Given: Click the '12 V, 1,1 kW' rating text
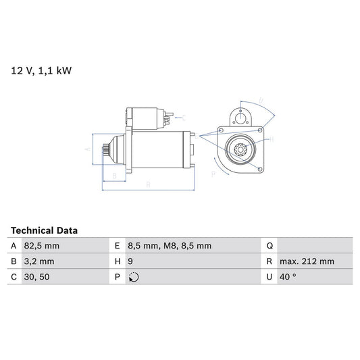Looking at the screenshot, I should (x=40, y=69).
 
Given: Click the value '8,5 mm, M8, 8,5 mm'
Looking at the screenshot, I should (x=170, y=246).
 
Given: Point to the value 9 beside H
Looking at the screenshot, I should (x=131, y=261).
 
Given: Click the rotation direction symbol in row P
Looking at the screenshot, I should (x=134, y=277).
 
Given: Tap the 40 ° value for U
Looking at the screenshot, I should (x=289, y=277).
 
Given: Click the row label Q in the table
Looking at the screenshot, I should (x=269, y=246).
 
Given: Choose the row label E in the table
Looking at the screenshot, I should (x=118, y=246).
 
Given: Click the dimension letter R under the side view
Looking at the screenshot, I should (x=147, y=184).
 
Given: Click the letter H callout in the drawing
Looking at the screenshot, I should (x=272, y=138).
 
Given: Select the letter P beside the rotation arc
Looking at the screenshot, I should (x=213, y=174).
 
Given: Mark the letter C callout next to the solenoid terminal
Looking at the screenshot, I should (x=184, y=117).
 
